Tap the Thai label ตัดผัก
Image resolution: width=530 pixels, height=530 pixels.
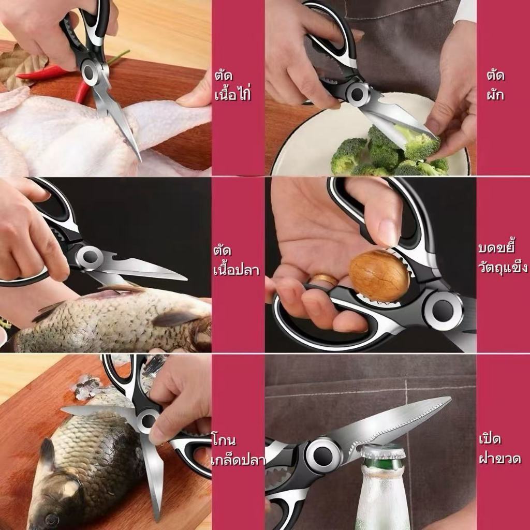coord(495,85)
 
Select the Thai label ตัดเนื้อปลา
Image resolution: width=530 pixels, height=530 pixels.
coord(236,261)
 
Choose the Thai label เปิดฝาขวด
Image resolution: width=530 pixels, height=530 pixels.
coord(500,449)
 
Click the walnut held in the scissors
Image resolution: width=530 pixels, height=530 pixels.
coord(379,276)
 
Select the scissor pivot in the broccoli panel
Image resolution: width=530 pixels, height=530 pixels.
coord(357,94)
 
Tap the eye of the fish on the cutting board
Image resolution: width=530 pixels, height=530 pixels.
coord(51,519)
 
